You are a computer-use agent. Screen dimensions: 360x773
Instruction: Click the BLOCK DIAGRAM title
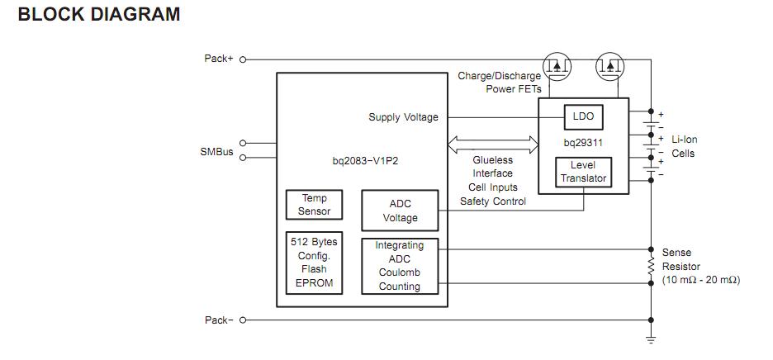click(x=98, y=15)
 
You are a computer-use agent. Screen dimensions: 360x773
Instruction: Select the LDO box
click(x=583, y=117)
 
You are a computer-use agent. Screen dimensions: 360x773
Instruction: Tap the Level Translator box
click(x=583, y=172)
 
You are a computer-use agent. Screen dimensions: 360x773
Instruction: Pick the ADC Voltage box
click(x=400, y=211)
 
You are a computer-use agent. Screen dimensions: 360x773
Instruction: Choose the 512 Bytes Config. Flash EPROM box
click(x=314, y=263)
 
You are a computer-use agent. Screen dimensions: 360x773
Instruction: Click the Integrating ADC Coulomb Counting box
click(x=400, y=266)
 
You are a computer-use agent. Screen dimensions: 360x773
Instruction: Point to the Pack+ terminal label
click(x=219, y=59)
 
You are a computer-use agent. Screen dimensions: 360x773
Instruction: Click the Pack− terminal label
click(x=219, y=320)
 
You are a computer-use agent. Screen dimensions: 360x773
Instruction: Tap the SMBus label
click(x=216, y=152)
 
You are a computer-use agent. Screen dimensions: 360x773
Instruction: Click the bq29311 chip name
click(x=583, y=143)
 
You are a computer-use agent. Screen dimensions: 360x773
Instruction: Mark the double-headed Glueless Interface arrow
click(x=492, y=145)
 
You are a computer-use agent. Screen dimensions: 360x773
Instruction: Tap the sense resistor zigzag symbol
click(x=652, y=266)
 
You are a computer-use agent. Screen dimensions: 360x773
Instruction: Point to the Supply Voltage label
click(x=403, y=117)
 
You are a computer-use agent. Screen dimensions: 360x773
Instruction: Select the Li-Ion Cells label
click(x=684, y=147)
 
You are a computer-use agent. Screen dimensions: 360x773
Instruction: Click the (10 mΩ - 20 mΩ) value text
click(x=701, y=281)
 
